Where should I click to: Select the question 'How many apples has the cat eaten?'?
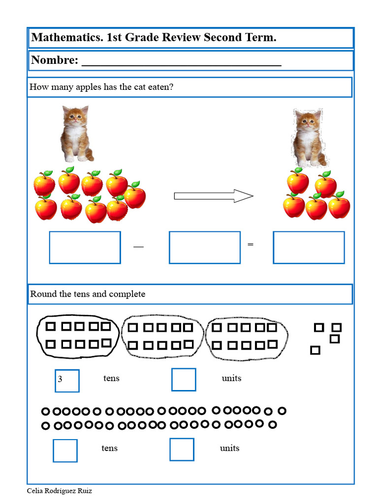coord(101,87)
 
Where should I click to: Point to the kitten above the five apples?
coord(308,138)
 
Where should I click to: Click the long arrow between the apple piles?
coord(213,196)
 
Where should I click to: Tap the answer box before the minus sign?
coord(85,248)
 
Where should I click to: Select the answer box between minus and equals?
coord(205,248)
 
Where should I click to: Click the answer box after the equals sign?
coord(309,248)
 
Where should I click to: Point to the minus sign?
coord(138,247)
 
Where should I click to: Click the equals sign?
coord(251,244)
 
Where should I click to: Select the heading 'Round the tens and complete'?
coord(88,294)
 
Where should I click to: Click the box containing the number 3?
coord(67,381)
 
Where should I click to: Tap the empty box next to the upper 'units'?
coord(184,380)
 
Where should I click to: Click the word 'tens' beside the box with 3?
coord(111,378)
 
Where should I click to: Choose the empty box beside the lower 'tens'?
coord(65,450)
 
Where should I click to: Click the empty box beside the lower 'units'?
coord(182,449)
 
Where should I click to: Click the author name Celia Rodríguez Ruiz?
coord(59,491)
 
